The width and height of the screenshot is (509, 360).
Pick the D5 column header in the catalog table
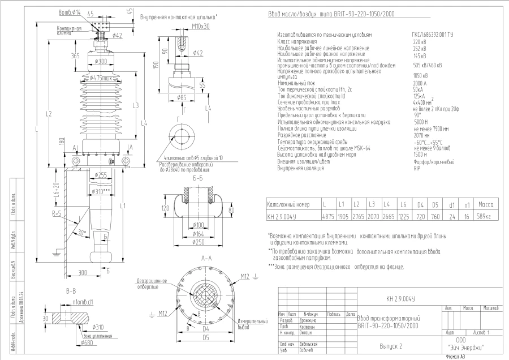point(435,204)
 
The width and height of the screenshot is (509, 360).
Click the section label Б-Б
point(199,178)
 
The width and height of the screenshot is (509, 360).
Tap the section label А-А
point(206,258)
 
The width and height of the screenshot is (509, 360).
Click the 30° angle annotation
point(83,233)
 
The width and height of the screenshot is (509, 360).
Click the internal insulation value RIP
point(416,169)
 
